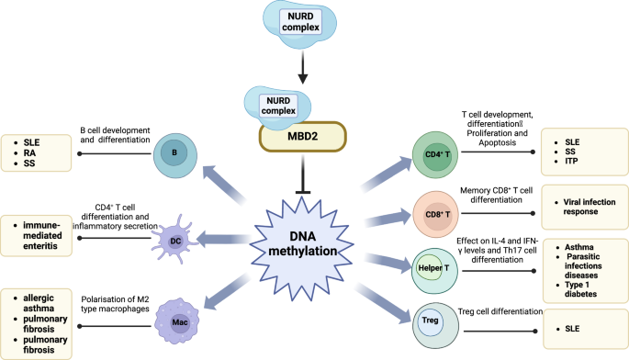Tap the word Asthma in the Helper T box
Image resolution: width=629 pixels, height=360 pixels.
[576, 247]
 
